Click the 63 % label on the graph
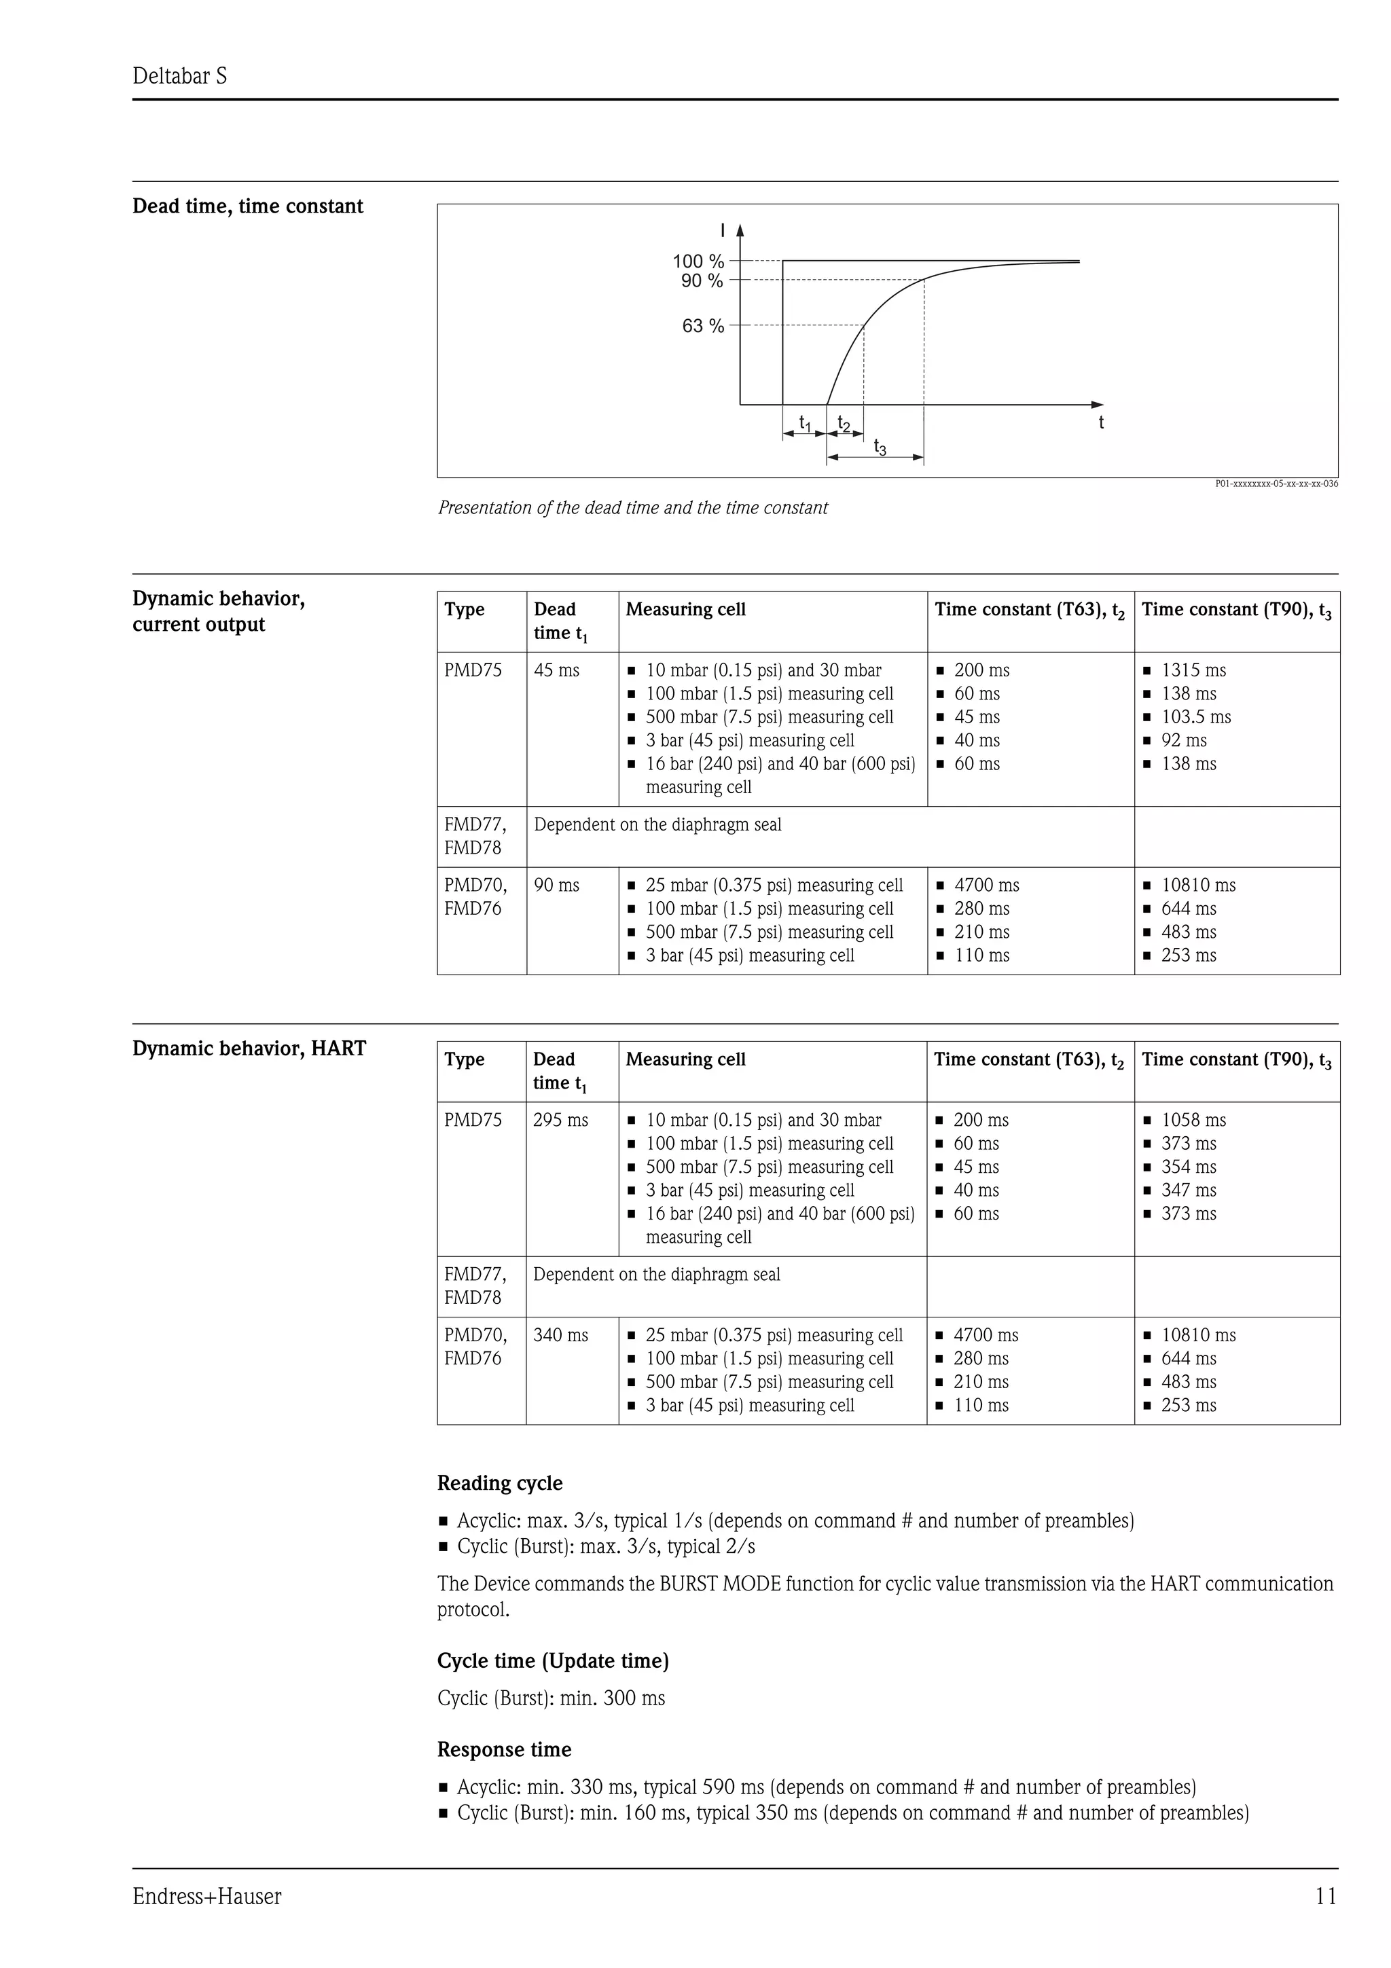703,326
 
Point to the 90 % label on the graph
702,281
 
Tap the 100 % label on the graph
698,261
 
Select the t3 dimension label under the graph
880,447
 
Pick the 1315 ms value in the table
1193,670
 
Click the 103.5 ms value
1195,717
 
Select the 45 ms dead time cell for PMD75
556,670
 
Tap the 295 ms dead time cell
560,1120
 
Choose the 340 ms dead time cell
560,1335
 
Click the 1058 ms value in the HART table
1193,1120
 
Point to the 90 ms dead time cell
556,886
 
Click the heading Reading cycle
500,1484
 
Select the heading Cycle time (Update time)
553,1661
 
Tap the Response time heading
504,1749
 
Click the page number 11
1325,1897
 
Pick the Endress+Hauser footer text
206,1897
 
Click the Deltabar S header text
179,76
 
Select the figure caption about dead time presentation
632,507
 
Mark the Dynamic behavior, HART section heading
249,1049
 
